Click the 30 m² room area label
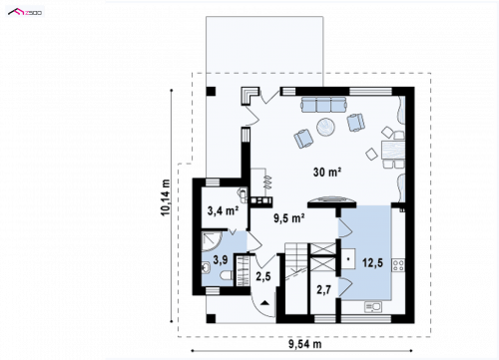pos(327,172)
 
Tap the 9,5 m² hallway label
pos(289,218)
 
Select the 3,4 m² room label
pos(223,210)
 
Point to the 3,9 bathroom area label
pos(221,259)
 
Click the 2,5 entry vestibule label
pos(263,276)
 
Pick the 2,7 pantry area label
pos(323,289)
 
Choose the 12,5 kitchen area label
pos(372,263)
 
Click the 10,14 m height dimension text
pos(166,197)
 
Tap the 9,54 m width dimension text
pos(304,344)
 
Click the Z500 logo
pos(25,13)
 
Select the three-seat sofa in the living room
pos(323,105)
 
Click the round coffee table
pos(326,127)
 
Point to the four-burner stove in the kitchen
pos(398,265)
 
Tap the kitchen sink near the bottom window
pos(373,307)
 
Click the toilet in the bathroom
pos(227,275)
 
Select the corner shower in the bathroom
pos(212,241)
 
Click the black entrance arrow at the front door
pos(264,302)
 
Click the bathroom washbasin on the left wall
pos(206,267)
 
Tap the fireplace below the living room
pos(331,200)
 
